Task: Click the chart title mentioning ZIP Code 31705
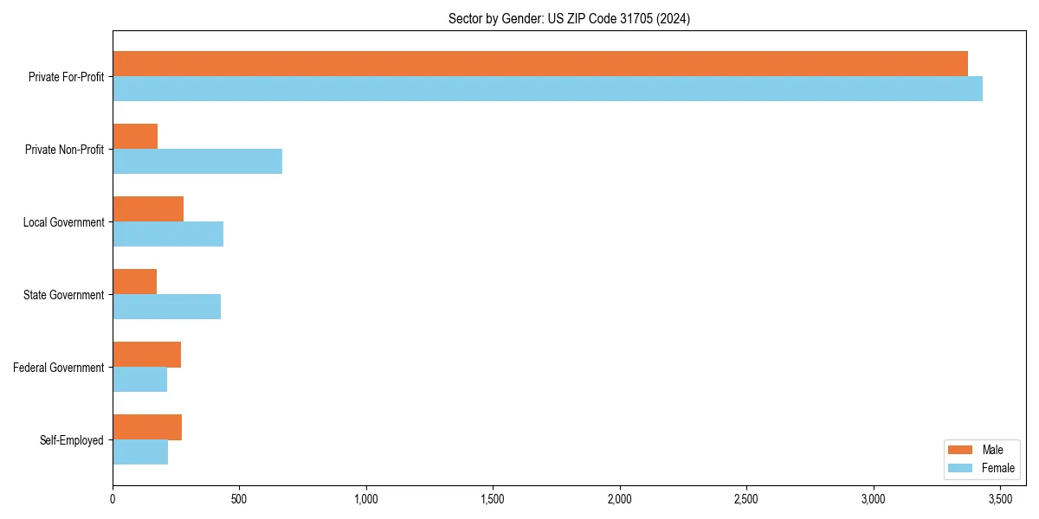click(569, 18)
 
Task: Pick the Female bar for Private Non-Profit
click(197, 162)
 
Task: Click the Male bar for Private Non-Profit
click(135, 137)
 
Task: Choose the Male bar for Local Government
click(148, 209)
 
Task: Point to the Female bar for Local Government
click(168, 234)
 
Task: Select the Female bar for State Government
click(166, 307)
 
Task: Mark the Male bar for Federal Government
click(146, 355)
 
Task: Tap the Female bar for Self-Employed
click(140, 452)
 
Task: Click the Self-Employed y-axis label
click(72, 440)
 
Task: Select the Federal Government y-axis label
click(59, 368)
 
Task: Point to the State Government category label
click(64, 295)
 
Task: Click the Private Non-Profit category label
click(66, 150)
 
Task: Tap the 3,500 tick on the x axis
click(1000, 499)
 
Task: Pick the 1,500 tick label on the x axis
click(493, 499)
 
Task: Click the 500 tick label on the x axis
click(239, 499)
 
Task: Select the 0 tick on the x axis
click(113, 499)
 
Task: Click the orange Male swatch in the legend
click(961, 450)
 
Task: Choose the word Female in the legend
click(998, 468)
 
